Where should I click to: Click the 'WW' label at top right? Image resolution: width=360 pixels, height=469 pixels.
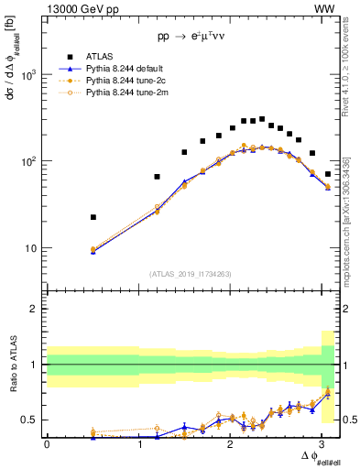point(324,8)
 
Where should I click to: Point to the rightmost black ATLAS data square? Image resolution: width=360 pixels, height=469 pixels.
point(328,173)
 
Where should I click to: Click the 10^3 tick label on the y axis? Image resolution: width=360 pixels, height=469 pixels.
point(29,75)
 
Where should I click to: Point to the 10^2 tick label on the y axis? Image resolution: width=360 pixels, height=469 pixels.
point(29,161)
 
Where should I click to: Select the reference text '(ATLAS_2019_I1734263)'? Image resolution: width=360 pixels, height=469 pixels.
point(191,272)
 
